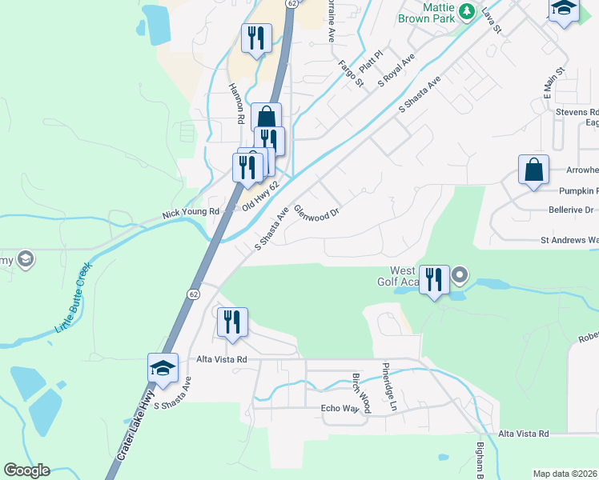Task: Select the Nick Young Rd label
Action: (x=191, y=213)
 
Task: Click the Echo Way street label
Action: (x=338, y=409)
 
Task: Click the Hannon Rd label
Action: (x=236, y=104)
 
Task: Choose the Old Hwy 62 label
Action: (x=260, y=197)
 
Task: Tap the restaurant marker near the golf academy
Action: (x=434, y=280)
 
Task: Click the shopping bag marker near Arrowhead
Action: (x=533, y=170)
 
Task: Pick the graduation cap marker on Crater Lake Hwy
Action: (x=163, y=369)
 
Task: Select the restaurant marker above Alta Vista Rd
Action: (x=232, y=322)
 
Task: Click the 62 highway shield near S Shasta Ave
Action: (x=194, y=294)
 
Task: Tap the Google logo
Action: (x=26, y=470)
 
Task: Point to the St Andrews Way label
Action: (x=569, y=239)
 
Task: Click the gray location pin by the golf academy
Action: (x=460, y=276)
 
